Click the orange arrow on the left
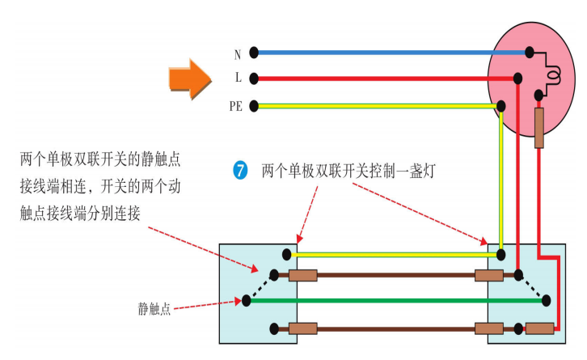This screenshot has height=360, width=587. point(190,78)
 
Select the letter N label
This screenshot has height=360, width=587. point(238,54)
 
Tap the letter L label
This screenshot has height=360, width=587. point(239,79)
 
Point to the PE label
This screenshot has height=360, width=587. point(236,106)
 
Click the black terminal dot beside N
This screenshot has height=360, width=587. point(254,53)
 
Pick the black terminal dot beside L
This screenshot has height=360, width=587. point(254,78)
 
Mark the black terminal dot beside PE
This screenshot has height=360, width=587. point(254,105)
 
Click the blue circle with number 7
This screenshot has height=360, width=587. point(240,171)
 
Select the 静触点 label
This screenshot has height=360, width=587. point(154,309)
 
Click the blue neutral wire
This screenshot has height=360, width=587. point(388,53)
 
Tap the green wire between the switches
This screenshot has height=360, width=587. point(388,300)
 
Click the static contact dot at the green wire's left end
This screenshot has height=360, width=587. point(246,300)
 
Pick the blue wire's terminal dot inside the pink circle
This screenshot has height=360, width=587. point(529,53)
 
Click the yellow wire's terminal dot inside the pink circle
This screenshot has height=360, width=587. point(501,105)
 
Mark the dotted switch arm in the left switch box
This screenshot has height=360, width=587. point(260,287)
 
